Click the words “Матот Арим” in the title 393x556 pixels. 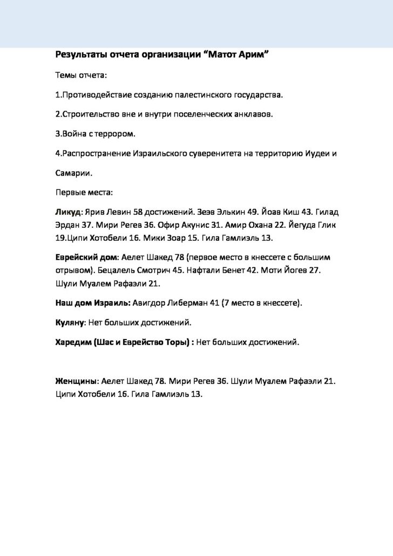(x=238, y=55)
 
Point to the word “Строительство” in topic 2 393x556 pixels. (x=89, y=114)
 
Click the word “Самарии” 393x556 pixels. (x=73, y=173)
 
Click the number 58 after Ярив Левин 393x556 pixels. (x=145, y=212)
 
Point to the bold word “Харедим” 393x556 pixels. (x=73, y=342)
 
